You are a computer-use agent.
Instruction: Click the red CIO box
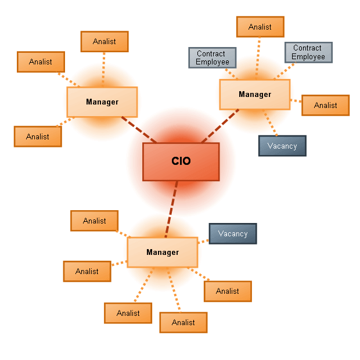click(181, 161)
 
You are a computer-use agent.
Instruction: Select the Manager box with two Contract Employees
click(254, 94)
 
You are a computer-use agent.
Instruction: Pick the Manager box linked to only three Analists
click(102, 102)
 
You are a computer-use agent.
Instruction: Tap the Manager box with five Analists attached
click(162, 252)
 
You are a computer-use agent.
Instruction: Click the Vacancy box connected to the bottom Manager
click(232, 233)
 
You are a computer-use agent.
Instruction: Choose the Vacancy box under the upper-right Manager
click(282, 146)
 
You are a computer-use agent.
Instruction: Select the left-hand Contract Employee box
click(212, 57)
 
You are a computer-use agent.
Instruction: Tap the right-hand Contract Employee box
click(308, 52)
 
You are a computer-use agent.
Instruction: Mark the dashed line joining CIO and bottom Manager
click(171, 209)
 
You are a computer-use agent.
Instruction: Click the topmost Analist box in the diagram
click(260, 27)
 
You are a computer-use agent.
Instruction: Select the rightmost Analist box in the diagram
click(325, 105)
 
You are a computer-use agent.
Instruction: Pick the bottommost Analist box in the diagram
click(183, 322)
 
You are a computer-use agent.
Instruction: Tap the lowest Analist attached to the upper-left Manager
click(38, 136)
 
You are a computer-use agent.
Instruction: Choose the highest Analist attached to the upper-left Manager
click(104, 41)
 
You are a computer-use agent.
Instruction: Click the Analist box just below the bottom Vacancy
click(227, 291)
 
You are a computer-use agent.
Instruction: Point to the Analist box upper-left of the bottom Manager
click(94, 221)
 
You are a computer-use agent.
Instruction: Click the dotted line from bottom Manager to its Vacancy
click(203, 241)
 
